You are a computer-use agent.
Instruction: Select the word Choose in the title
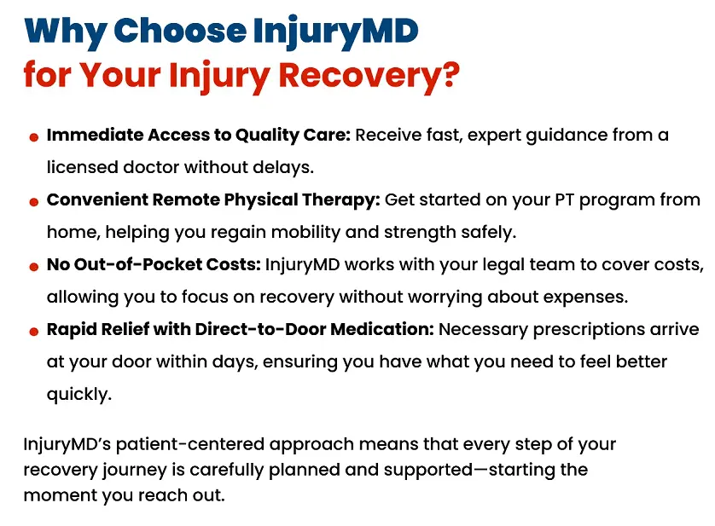click(x=179, y=32)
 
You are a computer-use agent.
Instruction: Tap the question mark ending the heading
click(x=448, y=75)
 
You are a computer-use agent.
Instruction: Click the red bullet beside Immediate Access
click(x=33, y=137)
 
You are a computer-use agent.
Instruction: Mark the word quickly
click(x=79, y=395)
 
